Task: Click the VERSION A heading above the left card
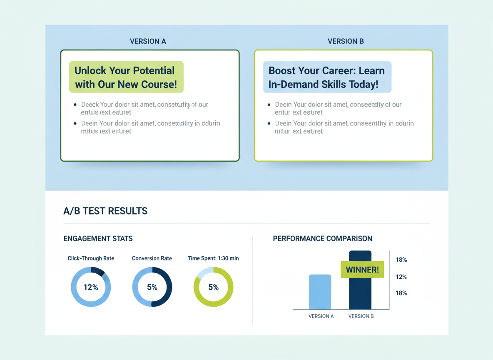(x=148, y=41)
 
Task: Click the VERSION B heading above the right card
(x=346, y=41)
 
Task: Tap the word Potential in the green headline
(x=152, y=70)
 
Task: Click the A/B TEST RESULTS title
(x=105, y=211)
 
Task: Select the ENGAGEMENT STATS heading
(x=98, y=239)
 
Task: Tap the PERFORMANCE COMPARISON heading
(x=322, y=239)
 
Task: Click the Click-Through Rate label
(x=91, y=258)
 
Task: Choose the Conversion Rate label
(x=152, y=258)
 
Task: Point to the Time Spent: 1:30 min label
(x=213, y=258)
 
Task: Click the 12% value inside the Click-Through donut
(x=91, y=287)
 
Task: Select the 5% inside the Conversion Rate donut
(x=152, y=287)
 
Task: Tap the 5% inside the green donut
(x=213, y=287)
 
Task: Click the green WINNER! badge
(x=362, y=270)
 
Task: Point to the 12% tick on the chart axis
(x=401, y=277)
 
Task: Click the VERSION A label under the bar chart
(x=321, y=316)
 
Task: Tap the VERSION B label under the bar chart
(x=361, y=316)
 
